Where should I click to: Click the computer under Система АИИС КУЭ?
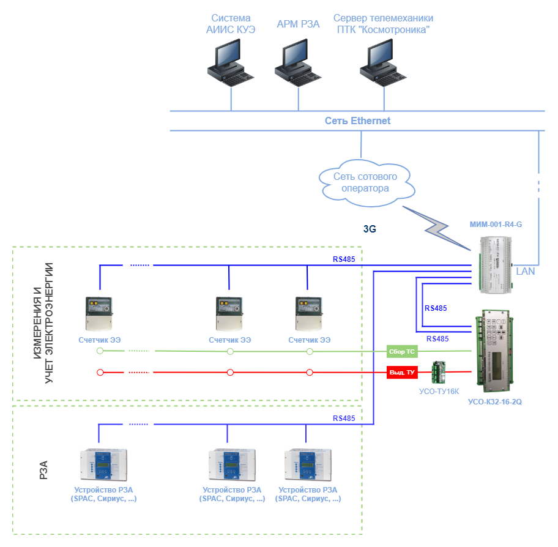click(x=231, y=63)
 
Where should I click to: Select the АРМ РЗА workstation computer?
click(x=298, y=63)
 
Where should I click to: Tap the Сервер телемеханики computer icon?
click(x=383, y=63)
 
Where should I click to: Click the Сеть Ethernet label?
click(x=357, y=121)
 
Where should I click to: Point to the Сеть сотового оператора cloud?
click(x=366, y=183)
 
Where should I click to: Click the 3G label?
click(x=370, y=229)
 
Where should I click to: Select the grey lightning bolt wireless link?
click(x=437, y=228)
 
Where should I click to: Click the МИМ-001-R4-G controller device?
click(x=496, y=265)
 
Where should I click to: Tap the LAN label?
click(x=525, y=272)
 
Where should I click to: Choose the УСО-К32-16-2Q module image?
click(x=494, y=351)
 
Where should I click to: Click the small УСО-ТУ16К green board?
click(x=439, y=372)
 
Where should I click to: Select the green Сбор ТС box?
click(x=402, y=351)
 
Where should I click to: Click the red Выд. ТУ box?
click(x=402, y=372)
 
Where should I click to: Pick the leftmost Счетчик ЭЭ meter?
click(x=99, y=313)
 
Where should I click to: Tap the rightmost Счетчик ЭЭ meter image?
click(x=309, y=313)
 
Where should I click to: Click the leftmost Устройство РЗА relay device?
click(x=103, y=465)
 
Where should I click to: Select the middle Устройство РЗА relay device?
click(x=232, y=465)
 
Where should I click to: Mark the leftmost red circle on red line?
click(x=100, y=372)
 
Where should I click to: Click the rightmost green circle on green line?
click(x=310, y=352)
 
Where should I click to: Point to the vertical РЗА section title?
click(x=43, y=470)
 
